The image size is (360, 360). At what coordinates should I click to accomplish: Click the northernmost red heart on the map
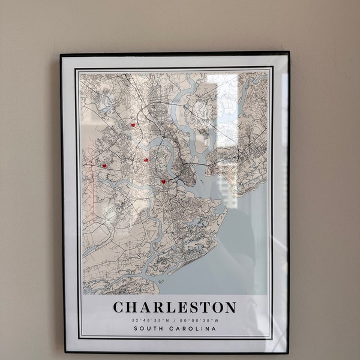[133, 125]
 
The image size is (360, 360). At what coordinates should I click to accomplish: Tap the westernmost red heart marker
[104, 166]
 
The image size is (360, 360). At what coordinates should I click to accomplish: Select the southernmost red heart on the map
[163, 181]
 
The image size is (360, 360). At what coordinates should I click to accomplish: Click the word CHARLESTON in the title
[175, 307]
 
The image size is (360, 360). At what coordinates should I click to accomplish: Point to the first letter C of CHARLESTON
[119, 307]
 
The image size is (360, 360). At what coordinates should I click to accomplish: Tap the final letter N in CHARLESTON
[230, 307]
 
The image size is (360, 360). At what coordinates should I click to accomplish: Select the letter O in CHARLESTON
[216, 307]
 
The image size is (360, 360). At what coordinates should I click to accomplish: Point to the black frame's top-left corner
[61, 55]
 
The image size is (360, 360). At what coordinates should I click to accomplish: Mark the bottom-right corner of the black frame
[288, 353]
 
